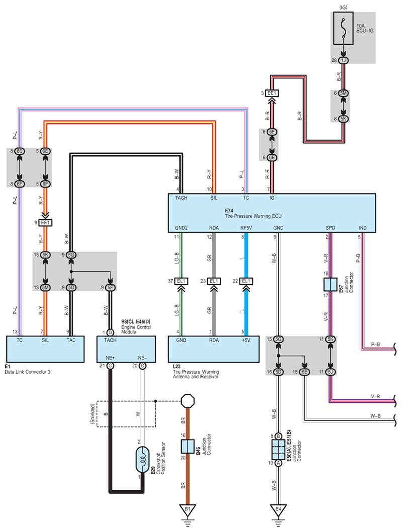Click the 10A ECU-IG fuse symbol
[343, 28]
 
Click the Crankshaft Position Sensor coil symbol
[142, 460]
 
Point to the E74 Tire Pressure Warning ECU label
[253, 213]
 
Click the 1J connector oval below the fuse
[343, 60]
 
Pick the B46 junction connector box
[188, 446]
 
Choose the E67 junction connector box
[330, 284]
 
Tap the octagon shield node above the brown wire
[188, 401]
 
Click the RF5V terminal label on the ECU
[246, 228]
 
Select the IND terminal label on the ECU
[363, 228]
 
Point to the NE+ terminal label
[110, 358]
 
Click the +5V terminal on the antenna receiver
[246, 340]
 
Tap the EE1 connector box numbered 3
[272, 93]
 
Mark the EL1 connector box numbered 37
[181, 281]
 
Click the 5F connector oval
[110, 288]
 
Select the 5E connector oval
[305, 372]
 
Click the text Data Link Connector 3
[28, 372]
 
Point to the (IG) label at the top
[343, 7]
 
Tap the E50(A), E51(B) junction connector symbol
[278, 450]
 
